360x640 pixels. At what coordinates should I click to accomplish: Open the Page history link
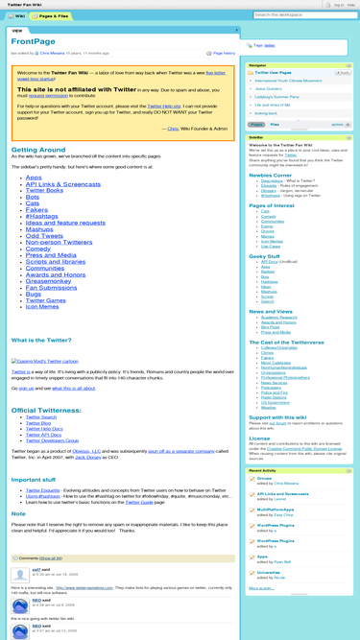[x=222, y=54]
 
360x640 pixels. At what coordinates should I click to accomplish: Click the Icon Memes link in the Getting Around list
[x=41, y=306]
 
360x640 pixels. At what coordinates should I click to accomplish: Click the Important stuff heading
[x=33, y=479]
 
